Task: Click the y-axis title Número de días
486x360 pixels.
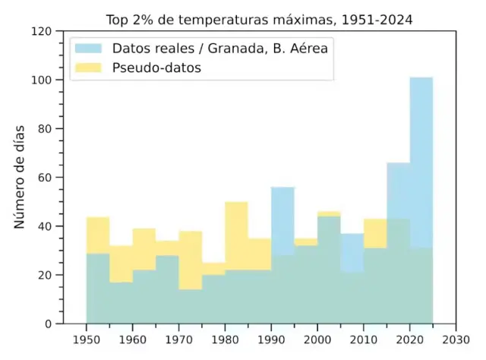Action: click(20, 177)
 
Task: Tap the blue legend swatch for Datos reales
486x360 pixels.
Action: click(88, 48)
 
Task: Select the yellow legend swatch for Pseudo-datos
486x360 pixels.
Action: click(88, 68)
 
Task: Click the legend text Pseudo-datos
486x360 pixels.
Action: click(161, 68)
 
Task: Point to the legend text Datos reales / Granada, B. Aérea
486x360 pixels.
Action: click(219, 48)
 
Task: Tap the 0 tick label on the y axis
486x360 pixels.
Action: click(48, 324)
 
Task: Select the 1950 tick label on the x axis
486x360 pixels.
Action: click(86, 340)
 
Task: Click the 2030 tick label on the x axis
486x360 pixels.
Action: click(456, 340)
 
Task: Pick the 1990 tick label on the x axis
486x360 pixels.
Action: click(271, 340)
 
